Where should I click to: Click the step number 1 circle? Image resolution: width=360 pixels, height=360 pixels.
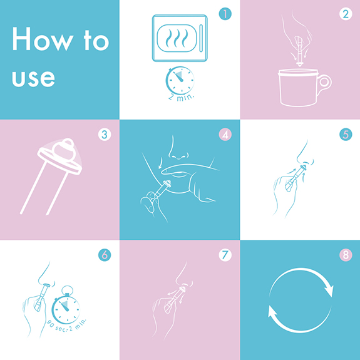(225, 14)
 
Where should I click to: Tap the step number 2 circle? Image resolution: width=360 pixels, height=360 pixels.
(346, 14)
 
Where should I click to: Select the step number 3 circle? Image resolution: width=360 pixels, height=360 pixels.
(105, 135)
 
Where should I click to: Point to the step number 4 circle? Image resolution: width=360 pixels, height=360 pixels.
(225, 135)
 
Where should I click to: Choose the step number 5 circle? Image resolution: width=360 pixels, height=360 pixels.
(346, 135)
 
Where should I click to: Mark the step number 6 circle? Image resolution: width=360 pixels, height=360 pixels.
(105, 255)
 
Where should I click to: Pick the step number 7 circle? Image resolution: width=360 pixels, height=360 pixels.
(225, 255)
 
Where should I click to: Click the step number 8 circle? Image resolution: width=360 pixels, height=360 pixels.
(346, 255)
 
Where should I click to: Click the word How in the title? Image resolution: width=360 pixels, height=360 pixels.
(43, 39)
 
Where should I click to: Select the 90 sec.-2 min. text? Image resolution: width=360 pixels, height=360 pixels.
(67, 324)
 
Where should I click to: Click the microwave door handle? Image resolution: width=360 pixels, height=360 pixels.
(201, 38)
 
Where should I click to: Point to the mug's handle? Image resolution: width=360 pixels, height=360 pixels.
(325, 82)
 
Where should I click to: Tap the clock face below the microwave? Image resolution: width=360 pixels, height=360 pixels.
(180, 80)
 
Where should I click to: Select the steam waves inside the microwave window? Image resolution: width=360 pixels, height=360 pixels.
(177, 38)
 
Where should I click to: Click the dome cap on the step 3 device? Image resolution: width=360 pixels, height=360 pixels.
(64, 149)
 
